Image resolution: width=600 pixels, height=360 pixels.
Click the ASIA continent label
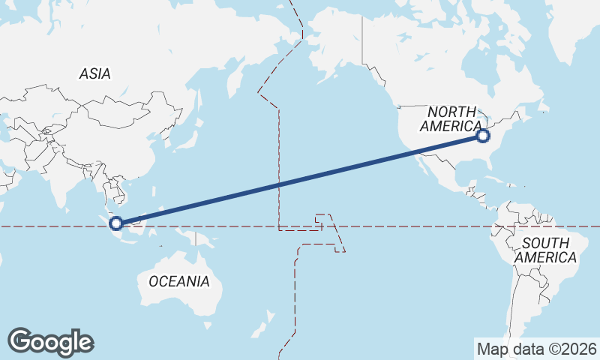tap(94, 73)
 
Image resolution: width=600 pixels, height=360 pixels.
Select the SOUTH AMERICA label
tap(550, 250)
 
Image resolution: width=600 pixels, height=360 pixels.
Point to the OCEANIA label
tap(178, 281)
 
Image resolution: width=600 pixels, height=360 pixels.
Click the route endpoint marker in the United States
tap(483, 136)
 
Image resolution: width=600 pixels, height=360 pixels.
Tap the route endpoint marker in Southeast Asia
tap(116, 223)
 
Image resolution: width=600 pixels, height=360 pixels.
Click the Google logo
tap(50, 341)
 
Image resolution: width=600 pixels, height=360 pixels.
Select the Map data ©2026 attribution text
tap(536, 349)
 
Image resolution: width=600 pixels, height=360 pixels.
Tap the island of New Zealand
tap(262, 326)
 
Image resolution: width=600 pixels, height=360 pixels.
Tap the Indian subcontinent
tap(56, 180)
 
